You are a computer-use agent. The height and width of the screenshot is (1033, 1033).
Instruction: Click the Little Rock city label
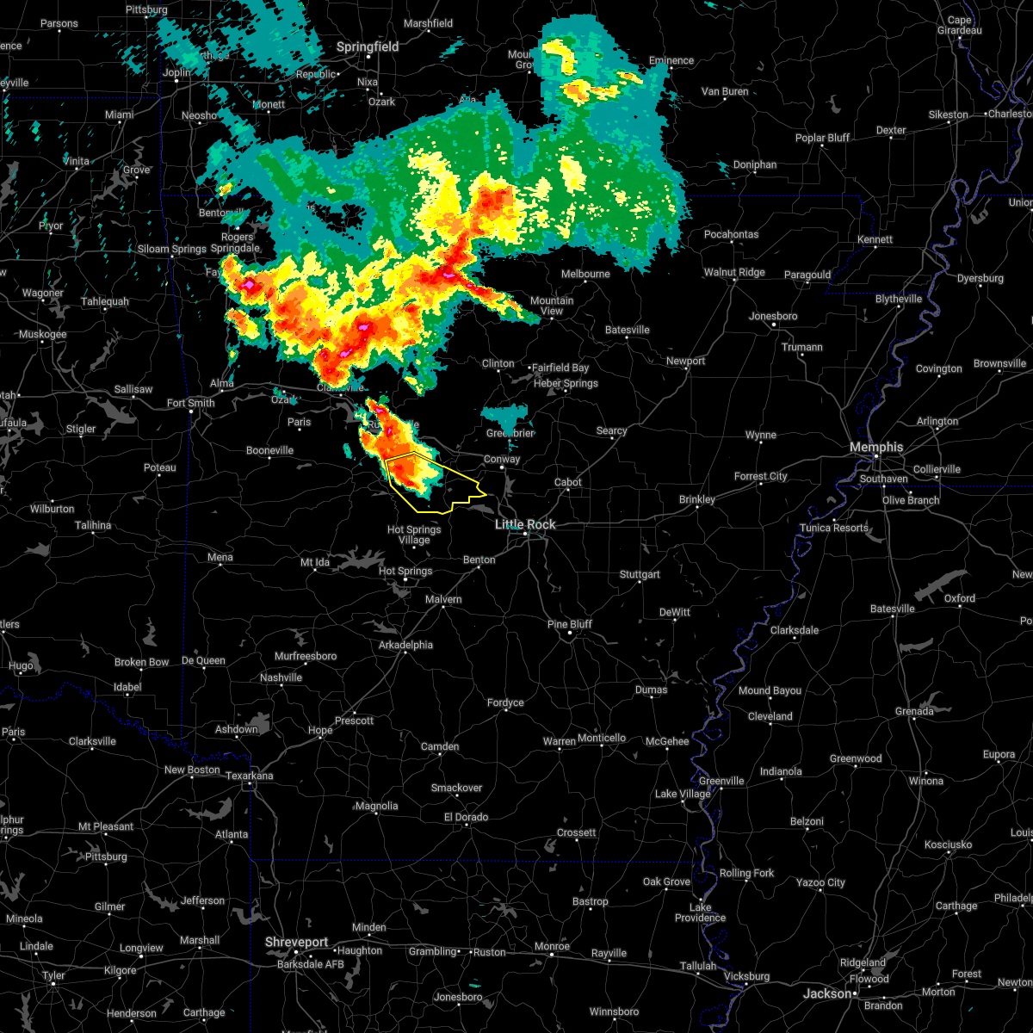coord(525,524)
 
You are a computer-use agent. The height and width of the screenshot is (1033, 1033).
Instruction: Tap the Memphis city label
coord(876,447)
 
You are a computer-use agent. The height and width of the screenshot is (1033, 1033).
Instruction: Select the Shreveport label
coord(297,943)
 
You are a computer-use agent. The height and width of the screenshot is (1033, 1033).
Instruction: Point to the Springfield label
coord(368,46)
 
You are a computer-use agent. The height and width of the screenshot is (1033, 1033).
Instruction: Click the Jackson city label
coord(826,993)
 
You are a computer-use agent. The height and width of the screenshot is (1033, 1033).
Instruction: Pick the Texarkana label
coord(249,776)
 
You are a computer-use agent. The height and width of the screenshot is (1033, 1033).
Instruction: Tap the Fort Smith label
coord(191,403)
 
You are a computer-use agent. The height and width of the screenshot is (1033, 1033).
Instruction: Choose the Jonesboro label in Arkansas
coord(773,316)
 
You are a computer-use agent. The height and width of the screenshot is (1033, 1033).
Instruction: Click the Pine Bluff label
coord(570,624)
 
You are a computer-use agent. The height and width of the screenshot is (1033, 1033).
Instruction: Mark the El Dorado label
coord(466,817)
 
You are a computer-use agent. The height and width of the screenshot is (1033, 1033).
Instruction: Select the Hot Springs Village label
coord(414,535)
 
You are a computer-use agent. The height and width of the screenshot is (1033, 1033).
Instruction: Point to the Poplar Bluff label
coord(822,138)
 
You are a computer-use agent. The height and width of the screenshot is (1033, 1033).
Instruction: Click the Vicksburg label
coord(746,976)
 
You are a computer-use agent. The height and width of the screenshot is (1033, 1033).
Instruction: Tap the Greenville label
coord(721,781)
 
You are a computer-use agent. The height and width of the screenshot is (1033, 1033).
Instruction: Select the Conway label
coord(502,459)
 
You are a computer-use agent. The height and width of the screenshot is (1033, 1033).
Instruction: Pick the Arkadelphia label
coord(405,645)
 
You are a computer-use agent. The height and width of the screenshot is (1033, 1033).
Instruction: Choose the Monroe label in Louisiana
coord(552,946)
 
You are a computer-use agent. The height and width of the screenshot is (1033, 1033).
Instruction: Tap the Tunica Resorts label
coord(833,528)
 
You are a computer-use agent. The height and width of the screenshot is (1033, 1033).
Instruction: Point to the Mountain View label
coord(552,306)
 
